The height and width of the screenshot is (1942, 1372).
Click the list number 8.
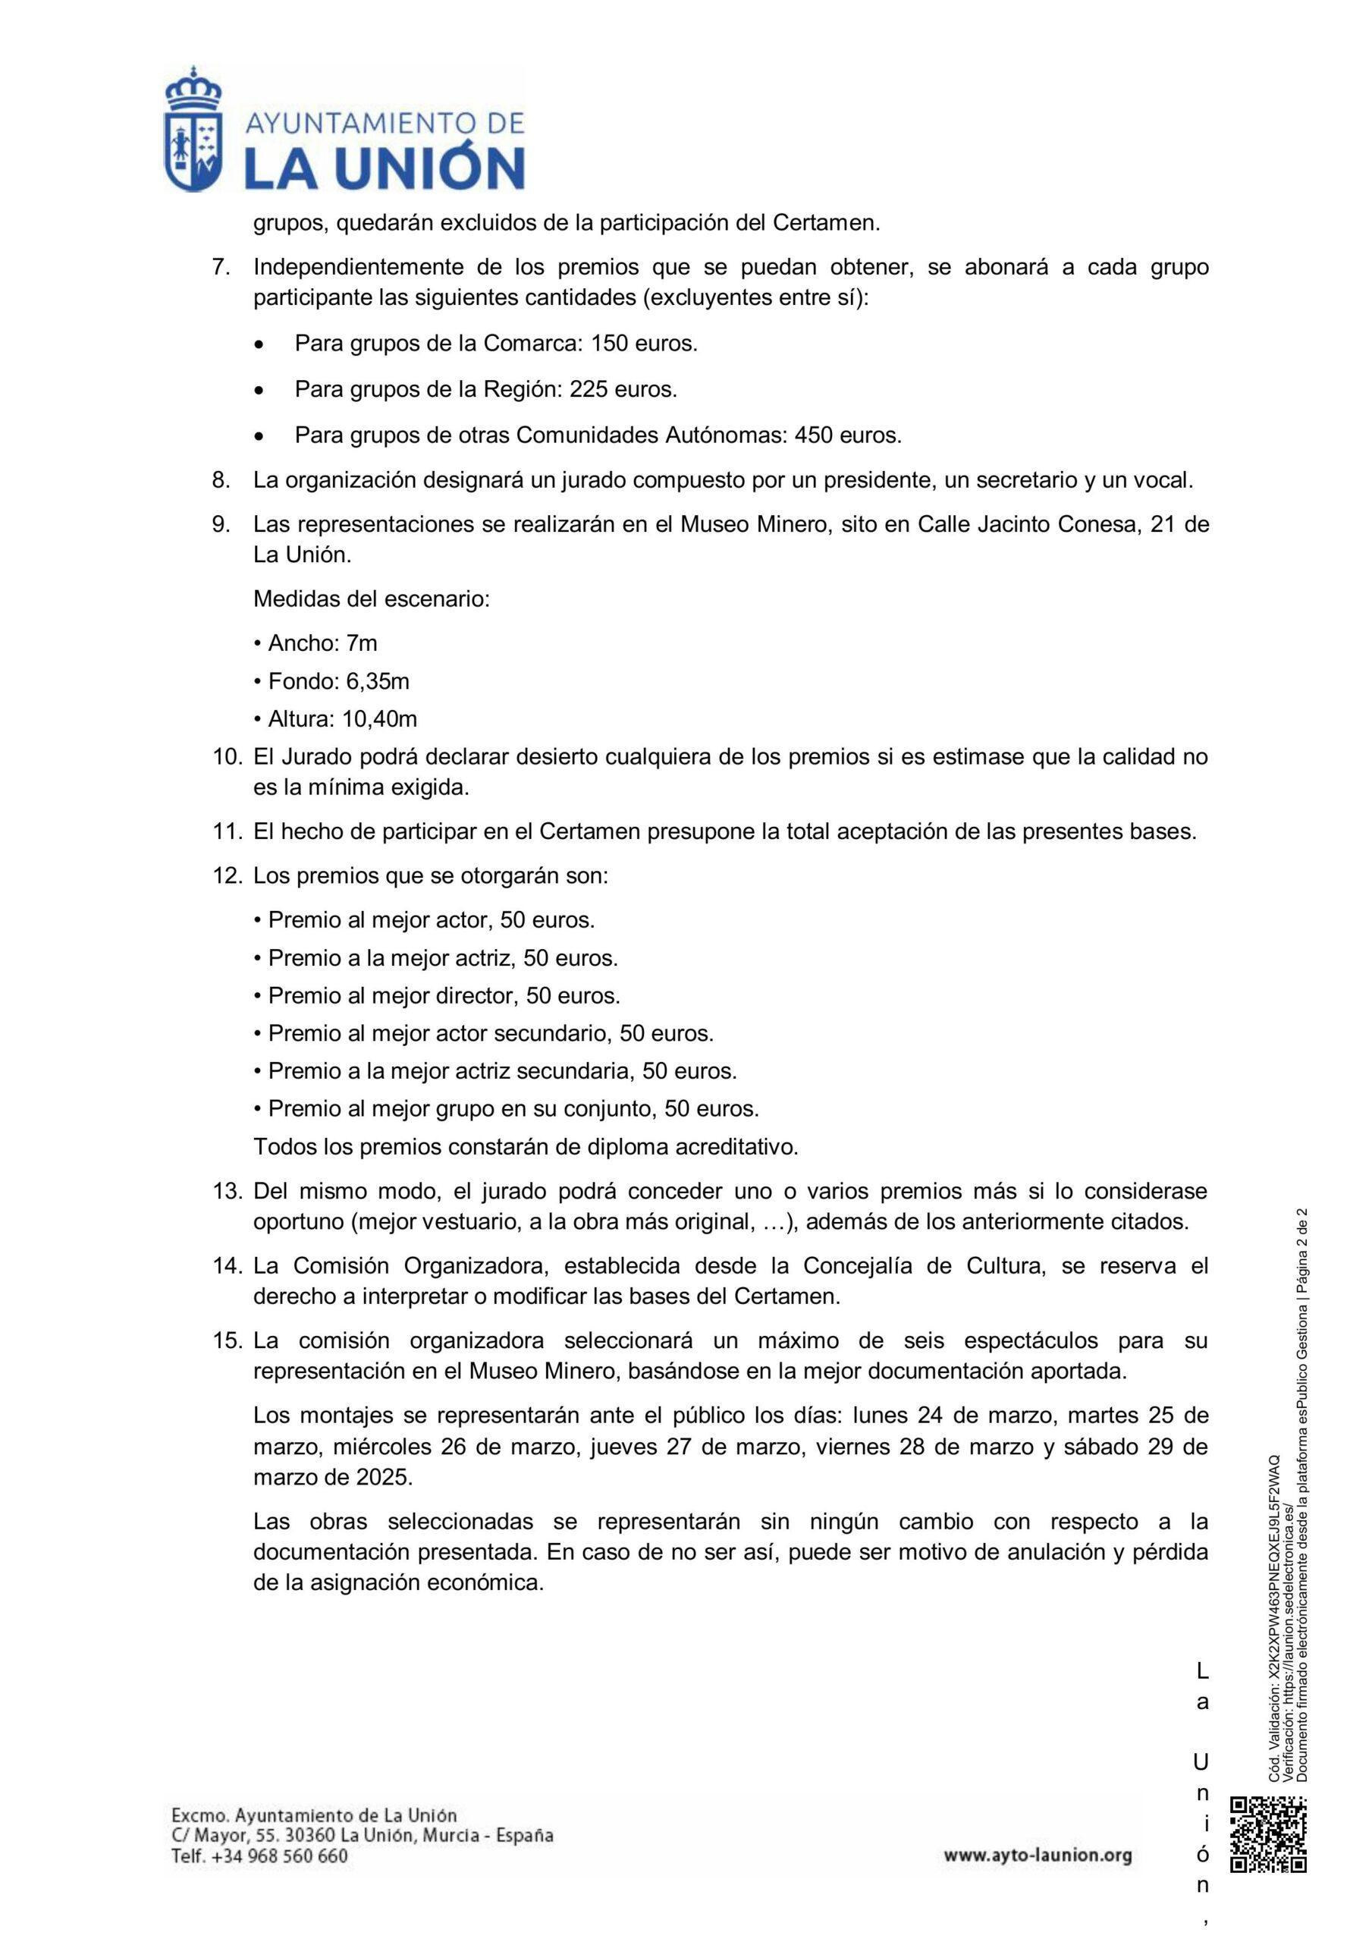pos(221,480)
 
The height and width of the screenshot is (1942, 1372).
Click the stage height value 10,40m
pos(380,719)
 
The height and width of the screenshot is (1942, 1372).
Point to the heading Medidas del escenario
pos(372,600)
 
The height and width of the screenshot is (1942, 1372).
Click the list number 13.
pos(227,1191)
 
